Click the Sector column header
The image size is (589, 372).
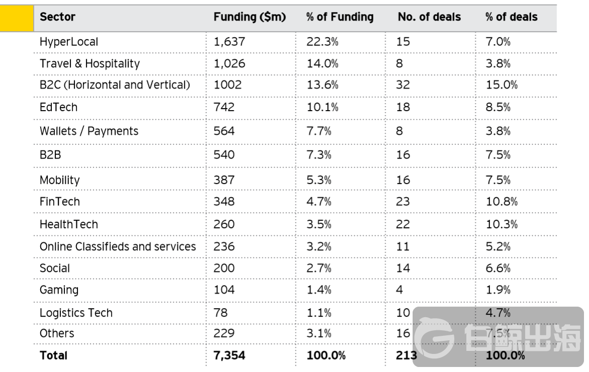coord(57,17)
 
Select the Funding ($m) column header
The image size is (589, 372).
coord(249,17)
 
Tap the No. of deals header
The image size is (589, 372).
coord(429,17)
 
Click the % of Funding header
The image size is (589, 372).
coord(340,17)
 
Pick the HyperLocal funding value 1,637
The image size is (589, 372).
coord(229,42)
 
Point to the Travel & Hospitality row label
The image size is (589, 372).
coord(89,64)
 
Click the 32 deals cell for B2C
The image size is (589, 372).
coord(403,85)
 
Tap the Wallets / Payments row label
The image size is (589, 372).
coord(88,131)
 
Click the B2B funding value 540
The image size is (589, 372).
coord(224,154)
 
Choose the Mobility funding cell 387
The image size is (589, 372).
coord(224,179)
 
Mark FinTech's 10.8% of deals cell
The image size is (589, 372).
coord(501,202)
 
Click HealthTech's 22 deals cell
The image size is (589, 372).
coord(403,224)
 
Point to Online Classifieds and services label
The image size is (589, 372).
coord(118,247)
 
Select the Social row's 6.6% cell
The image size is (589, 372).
coord(498,268)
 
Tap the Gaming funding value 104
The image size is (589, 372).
coord(224,290)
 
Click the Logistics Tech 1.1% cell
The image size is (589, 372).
coord(319,313)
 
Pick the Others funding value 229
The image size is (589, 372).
coord(224,333)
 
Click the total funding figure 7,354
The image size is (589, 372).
coord(230,355)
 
